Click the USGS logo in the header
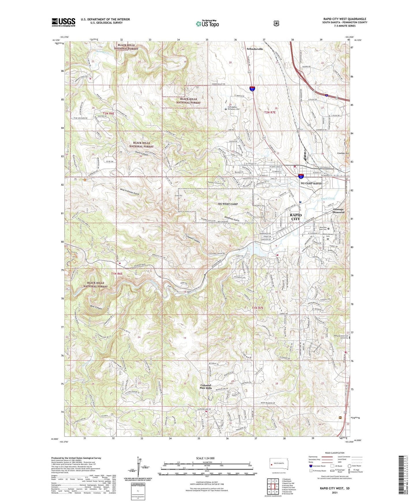(63, 22)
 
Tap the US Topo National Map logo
(207, 23)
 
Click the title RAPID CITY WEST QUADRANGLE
(345, 19)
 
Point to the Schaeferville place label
(255, 49)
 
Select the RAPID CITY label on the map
(296, 217)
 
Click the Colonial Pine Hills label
(206, 387)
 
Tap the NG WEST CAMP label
(228, 204)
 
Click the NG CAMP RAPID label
(311, 183)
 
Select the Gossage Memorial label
(339, 211)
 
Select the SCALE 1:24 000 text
(205, 458)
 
